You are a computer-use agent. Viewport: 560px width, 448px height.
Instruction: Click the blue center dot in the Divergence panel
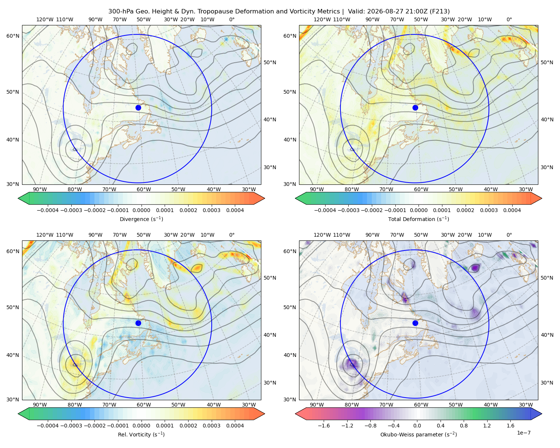[138, 108]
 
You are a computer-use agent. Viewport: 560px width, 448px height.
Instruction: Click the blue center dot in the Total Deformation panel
[415, 108]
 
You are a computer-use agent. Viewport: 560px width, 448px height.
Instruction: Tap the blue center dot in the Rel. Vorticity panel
[138, 323]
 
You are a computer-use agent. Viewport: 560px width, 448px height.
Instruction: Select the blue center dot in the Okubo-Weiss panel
[415, 323]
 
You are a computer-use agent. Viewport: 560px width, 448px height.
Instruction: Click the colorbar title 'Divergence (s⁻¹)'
[141, 219]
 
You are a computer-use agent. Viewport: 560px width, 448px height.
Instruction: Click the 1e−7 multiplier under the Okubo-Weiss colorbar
[523, 433]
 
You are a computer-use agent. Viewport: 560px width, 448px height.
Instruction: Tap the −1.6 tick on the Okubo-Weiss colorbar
[324, 425]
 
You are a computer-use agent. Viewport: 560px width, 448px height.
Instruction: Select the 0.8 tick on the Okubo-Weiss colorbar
[464, 425]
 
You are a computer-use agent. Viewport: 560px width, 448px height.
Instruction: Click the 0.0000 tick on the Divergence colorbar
[141, 210]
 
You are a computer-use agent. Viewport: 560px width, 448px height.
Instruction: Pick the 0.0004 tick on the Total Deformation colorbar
[512, 210]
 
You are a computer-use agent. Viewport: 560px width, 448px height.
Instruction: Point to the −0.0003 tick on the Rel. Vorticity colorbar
[71, 425]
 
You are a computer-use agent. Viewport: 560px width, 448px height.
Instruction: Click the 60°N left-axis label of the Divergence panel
[13, 36]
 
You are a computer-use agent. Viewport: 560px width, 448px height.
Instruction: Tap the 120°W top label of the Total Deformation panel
[322, 19]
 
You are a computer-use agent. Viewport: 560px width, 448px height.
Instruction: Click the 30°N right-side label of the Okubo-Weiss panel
[547, 382]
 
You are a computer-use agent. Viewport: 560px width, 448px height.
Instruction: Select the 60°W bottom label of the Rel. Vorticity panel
[144, 405]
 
